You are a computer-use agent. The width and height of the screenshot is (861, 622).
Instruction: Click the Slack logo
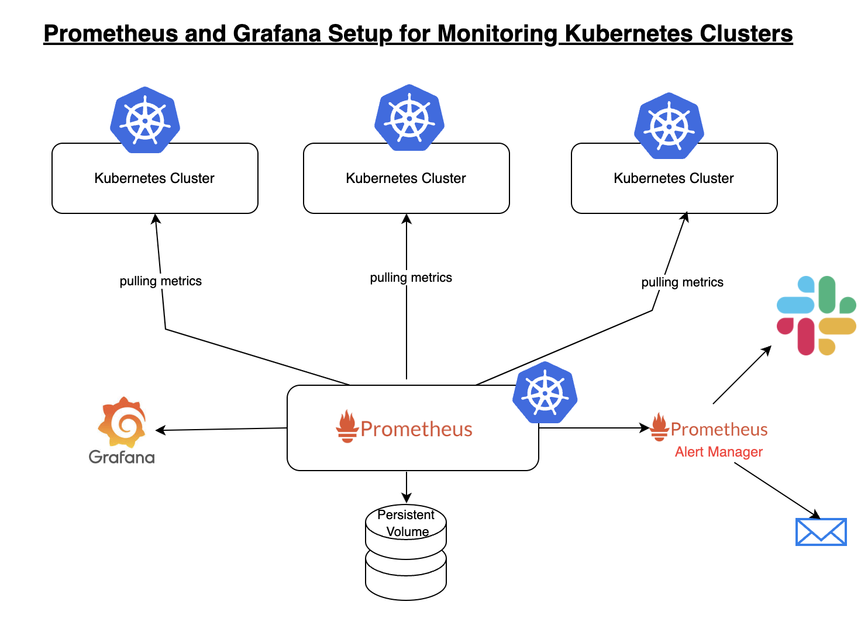(817, 316)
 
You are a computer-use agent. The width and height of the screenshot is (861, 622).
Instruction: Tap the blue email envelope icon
(821, 532)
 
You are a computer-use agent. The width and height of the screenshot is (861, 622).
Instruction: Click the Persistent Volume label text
(407, 523)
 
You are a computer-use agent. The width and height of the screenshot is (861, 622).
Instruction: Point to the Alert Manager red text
(719, 452)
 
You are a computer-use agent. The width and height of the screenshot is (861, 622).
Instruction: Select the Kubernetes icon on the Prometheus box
(545, 393)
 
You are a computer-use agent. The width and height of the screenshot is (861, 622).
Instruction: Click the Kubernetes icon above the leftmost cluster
(145, 120)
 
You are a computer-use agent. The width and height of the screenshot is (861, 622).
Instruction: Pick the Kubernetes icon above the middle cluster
(409, 118)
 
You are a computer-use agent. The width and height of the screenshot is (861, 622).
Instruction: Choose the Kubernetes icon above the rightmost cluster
(669, 126)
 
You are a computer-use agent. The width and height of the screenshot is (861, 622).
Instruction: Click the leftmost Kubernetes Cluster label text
(154, 178)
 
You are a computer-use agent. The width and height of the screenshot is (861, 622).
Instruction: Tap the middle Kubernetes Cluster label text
(406, 178)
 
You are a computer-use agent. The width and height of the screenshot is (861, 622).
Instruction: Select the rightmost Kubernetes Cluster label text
(674, 178)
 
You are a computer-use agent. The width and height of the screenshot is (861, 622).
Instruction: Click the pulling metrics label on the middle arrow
(411, 278)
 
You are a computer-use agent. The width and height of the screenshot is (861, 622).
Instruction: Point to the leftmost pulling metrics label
(161, 281)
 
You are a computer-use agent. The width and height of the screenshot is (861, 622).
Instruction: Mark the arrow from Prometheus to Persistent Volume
(407, 486)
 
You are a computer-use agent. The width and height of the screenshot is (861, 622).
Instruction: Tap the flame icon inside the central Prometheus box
(347, 427)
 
